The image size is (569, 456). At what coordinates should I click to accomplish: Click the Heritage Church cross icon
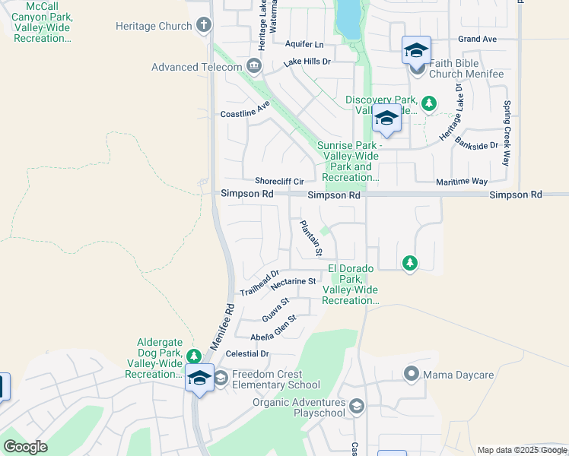coord(203,27)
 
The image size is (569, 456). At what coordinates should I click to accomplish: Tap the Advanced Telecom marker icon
coord(253,68)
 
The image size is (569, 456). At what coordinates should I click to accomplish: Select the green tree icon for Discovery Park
coord(429,103)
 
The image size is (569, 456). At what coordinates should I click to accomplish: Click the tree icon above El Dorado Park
coord(410,263)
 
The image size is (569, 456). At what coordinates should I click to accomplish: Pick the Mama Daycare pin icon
coord(412,374)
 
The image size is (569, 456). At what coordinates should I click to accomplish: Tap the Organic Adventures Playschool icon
coord(356,407)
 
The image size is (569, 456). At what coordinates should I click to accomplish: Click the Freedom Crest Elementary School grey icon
coord(221,378)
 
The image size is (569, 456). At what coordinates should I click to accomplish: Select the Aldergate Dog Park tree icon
coord(194,356)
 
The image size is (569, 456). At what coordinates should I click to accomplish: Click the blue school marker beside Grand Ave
coord(416,51)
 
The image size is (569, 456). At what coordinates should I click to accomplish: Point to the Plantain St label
coord(311,238)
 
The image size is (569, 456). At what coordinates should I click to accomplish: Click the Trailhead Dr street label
coord(260,283)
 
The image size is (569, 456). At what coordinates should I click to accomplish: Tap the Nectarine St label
coord(293,282)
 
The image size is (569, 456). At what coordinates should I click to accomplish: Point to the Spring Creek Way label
coord(505,134)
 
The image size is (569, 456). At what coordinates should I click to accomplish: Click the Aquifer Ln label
coord(304,45)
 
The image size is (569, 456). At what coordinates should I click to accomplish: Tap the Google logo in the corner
coord(25,447)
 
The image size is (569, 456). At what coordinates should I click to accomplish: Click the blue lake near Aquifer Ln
coord(348,19)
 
